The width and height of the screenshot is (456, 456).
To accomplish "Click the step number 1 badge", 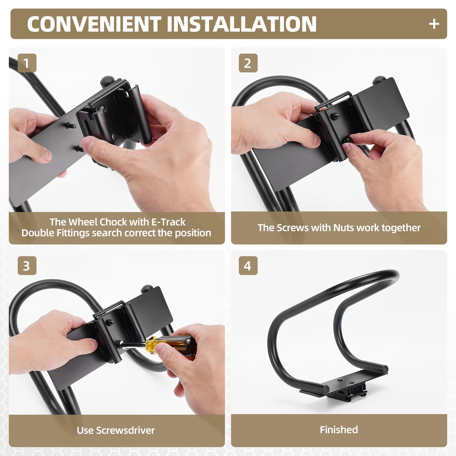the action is (27, 63).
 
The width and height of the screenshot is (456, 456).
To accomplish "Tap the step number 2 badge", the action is (248, 63).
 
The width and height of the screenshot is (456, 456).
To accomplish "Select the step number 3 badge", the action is (27, 266).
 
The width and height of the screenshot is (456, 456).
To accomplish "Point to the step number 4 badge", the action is (248, 266).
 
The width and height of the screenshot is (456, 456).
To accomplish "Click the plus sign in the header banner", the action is (434, 24).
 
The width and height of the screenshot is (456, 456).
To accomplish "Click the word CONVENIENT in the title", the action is (94, 24).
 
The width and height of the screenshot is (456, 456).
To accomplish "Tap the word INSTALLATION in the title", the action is (242, 24).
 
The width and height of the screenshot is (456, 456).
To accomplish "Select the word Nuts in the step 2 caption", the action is (344, 228).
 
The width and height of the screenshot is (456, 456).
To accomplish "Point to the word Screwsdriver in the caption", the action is (125, 430).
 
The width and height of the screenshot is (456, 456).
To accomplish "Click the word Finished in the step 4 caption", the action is (339, 429).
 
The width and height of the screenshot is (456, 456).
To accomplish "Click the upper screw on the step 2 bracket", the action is (335, 116).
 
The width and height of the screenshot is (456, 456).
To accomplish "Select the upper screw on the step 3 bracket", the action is (110, 323).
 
